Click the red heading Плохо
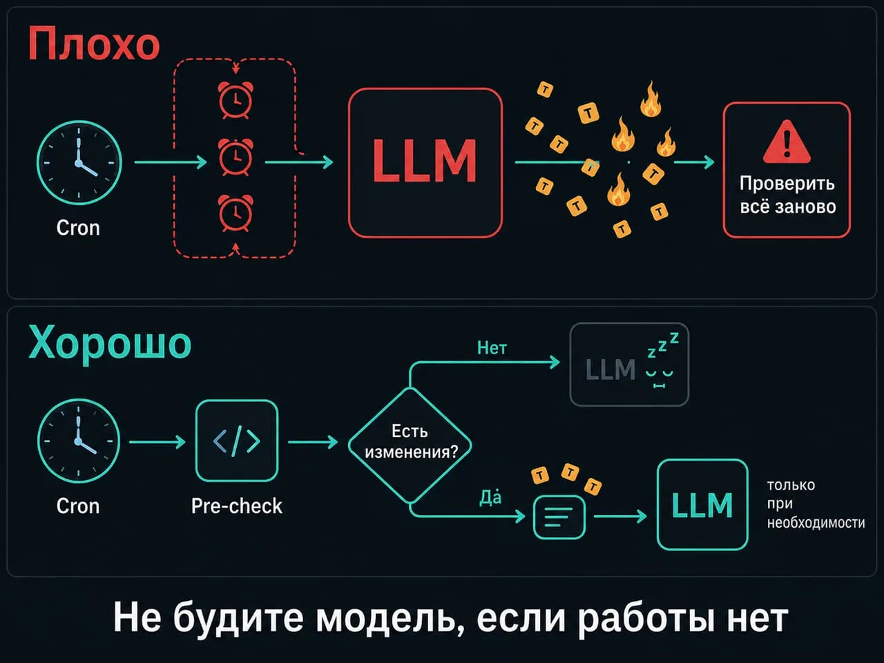94,44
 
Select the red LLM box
425,162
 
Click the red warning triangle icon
787,142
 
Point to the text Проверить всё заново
787,195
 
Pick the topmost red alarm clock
236,100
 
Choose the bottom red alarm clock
236,213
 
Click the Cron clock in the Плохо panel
79,162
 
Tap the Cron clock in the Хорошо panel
79,441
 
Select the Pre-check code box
237,441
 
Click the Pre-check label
236,506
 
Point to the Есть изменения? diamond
410,445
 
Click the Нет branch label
492,348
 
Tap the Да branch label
490,497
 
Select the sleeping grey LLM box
629,365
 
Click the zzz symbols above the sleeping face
662,345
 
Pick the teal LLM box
702,505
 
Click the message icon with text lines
559,517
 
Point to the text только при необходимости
816,503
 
